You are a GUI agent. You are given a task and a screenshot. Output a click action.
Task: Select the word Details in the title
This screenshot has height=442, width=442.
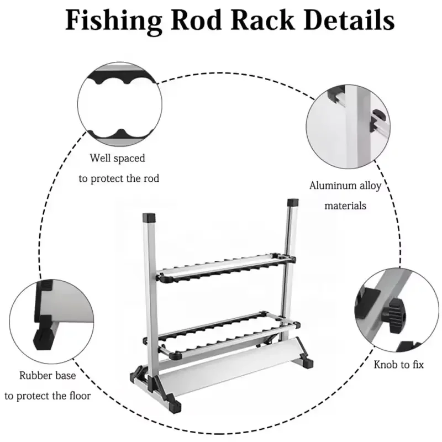pos(349,20)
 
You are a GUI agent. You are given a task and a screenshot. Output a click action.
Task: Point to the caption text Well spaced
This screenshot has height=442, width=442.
pos(118,159)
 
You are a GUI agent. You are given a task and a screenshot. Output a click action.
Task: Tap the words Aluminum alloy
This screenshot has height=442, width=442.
pos(345,186)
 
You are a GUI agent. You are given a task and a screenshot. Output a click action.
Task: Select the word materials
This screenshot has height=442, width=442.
pos(345,206)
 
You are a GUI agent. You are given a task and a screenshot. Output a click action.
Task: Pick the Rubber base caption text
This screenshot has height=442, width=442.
pos(48,376)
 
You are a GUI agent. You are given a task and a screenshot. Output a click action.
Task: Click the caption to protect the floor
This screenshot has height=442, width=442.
pos(48,396)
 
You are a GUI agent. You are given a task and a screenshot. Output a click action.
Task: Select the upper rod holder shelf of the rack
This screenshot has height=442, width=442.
pos(223,267)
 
